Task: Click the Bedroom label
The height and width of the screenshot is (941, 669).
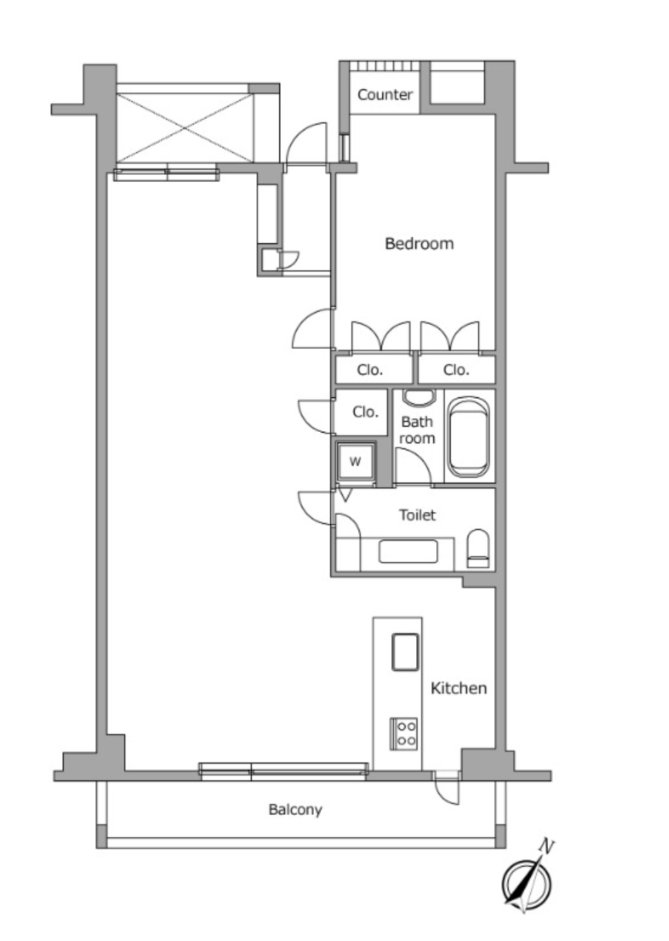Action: click(x=419, y=243)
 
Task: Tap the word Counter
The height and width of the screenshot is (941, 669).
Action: click(x=385, y=95)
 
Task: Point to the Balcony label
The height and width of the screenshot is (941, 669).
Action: click(x=295, y=809)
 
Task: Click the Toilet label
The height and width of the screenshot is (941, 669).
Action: click(x=417, y=515)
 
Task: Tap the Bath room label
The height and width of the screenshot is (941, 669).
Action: click(x=416, y=430)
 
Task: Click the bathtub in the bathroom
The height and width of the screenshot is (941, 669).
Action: click(x=469, y=438)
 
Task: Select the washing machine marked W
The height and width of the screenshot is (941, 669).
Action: click(x=355, y=462)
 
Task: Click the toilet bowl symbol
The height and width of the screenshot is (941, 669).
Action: click(x=478, y=549)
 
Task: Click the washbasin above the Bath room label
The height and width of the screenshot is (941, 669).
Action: click(x=418, y=398)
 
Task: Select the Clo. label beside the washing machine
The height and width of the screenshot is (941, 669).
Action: click(x=365, y=412)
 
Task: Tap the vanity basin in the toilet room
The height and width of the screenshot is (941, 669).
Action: click(x=408, y=551)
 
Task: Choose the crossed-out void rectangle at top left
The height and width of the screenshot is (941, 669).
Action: click(x=186, y=127)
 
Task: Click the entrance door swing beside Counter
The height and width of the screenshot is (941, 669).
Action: click(x=306, y=145)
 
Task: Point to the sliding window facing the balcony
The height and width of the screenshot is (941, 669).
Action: click(x=283, y=772)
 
